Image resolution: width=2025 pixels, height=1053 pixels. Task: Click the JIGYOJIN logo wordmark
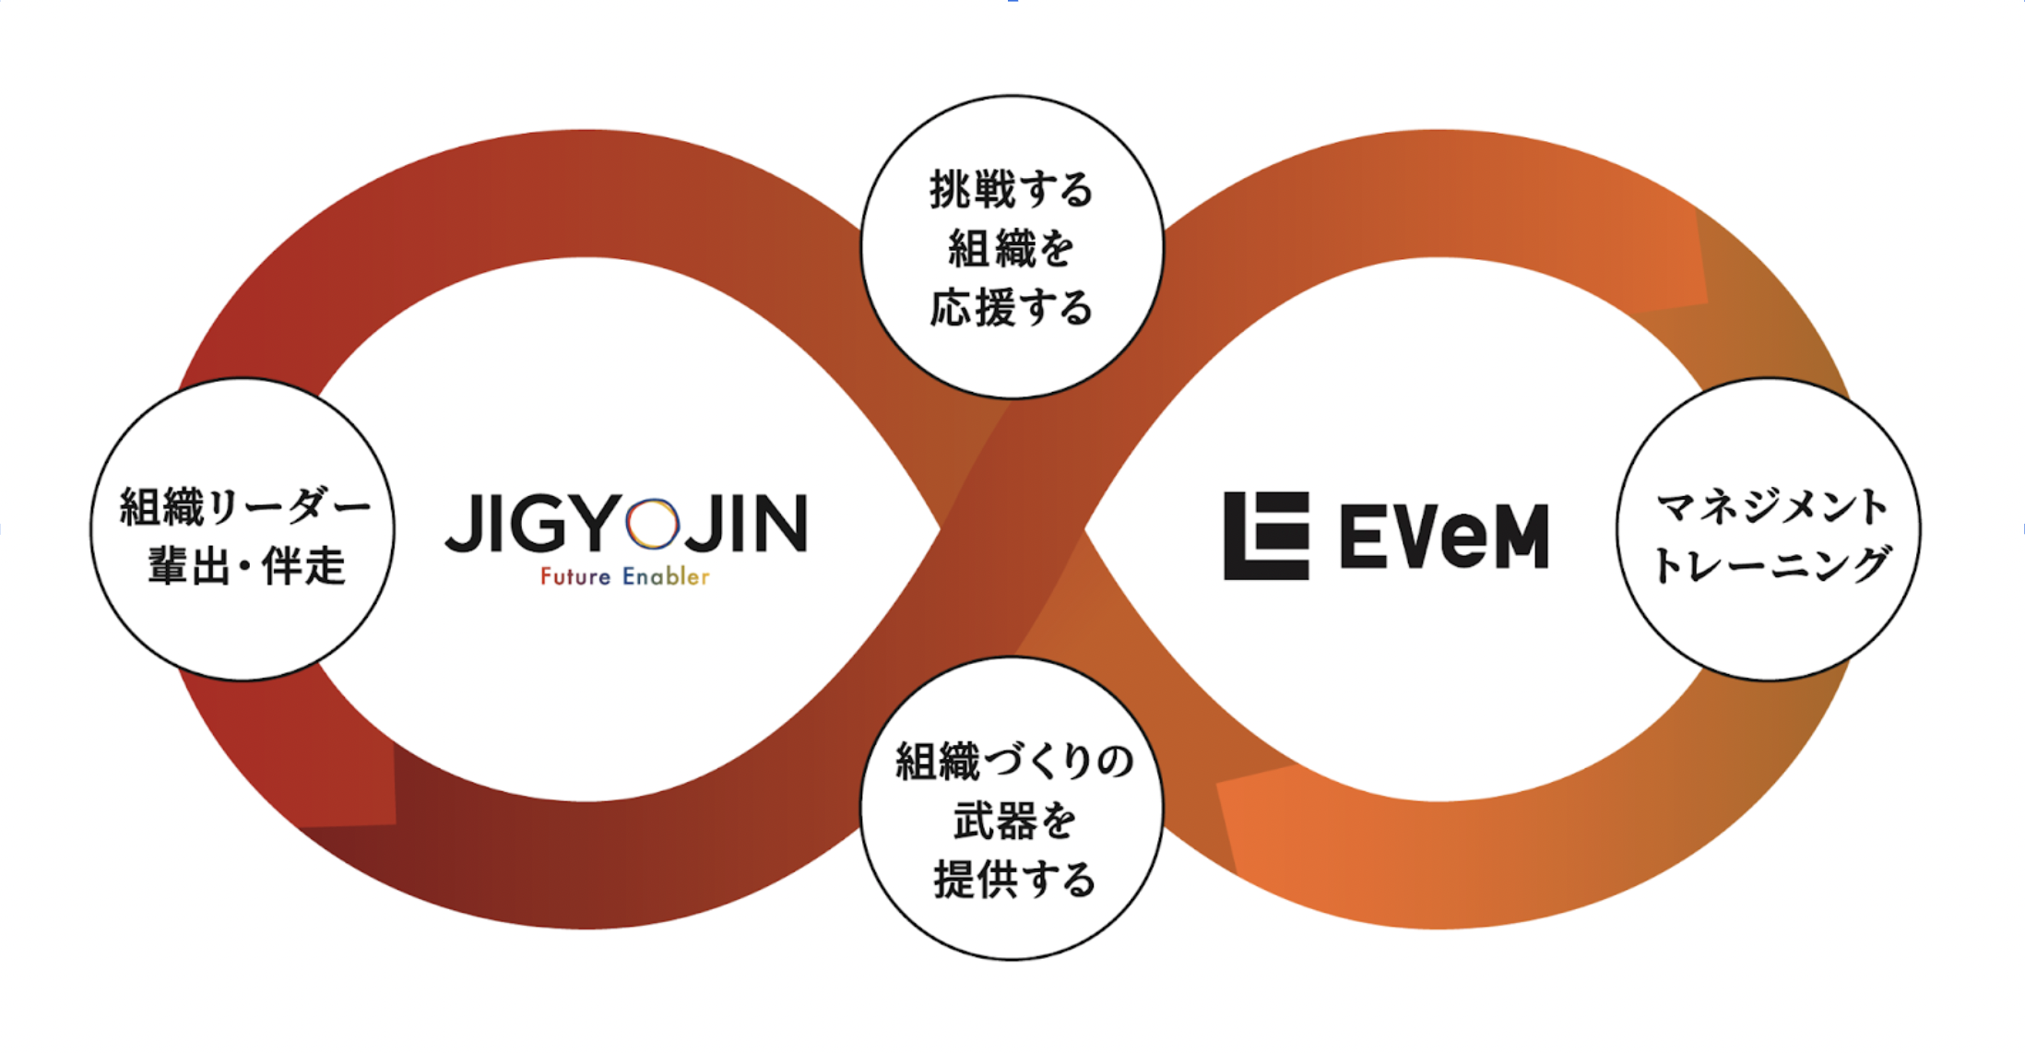(625, 523)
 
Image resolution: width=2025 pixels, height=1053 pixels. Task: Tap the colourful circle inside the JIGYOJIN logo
(652, 523)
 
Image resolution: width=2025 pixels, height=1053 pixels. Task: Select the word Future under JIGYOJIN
(575, 577)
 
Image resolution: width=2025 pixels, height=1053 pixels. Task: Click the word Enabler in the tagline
(666, 577)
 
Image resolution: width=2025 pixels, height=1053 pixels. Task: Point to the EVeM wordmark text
(1444, 537)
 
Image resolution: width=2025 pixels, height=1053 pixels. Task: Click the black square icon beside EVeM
(1266, 536)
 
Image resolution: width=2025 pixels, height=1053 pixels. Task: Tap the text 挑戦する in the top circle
(1012, 190)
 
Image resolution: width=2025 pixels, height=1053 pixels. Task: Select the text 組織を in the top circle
(1012, 249)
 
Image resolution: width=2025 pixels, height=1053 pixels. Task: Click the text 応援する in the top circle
(1012, 308)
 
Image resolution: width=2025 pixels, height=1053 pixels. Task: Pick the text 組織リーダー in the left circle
(244, 506)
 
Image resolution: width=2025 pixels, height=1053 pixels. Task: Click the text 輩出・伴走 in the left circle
(246, 565)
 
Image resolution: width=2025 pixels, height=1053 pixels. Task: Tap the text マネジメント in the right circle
(1771, 506)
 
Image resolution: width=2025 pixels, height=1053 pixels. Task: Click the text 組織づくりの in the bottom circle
(1014, 762)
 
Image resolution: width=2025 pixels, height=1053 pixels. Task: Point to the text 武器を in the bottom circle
(1014, 821)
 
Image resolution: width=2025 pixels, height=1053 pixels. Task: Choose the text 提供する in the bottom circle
(1014, 880)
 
